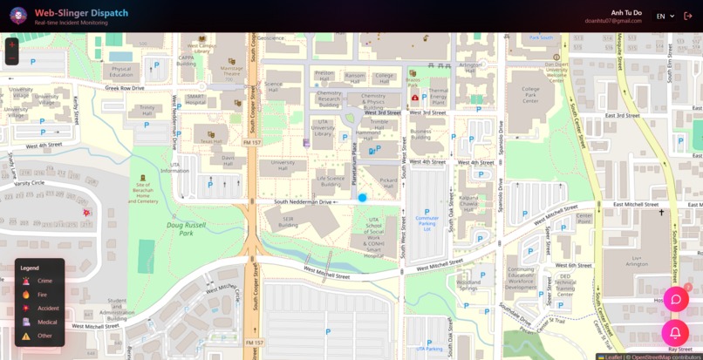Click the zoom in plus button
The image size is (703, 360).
coord(11,44)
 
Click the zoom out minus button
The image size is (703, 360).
coord(11,58)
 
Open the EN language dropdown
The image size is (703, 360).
coord(665,17)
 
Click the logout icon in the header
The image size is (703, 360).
coord(688,17)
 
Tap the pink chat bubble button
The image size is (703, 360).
coord(675,300)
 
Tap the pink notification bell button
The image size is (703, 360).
coord(675,333)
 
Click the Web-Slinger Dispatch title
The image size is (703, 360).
coord(81,13)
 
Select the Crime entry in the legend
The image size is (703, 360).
coord(44,281)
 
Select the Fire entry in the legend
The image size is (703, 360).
coord(42,295)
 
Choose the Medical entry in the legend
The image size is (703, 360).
coord(46,322)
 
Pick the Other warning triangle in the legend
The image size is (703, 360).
coord(26,336)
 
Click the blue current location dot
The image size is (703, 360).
coord(363,198)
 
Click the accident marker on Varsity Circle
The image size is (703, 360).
coord(86,213)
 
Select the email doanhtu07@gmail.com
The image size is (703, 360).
coord(613,21)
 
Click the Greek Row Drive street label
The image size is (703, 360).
coord(125,88)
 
